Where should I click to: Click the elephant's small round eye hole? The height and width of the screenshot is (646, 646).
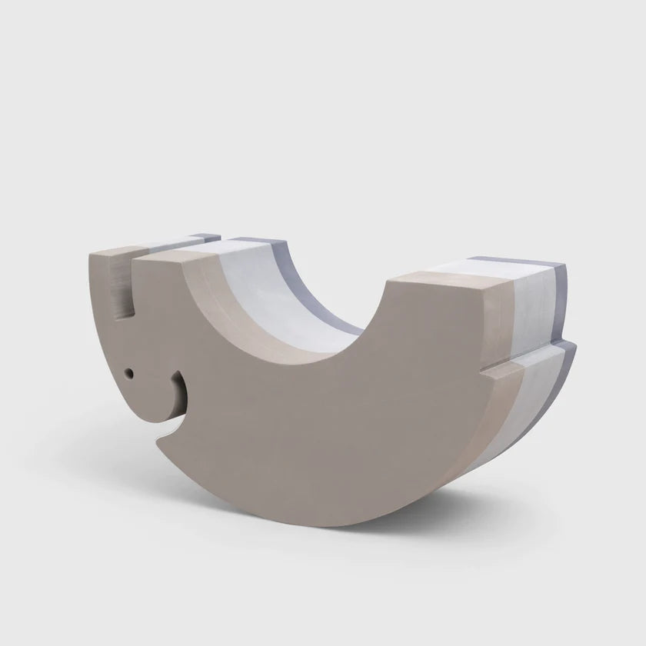(128, 372)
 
